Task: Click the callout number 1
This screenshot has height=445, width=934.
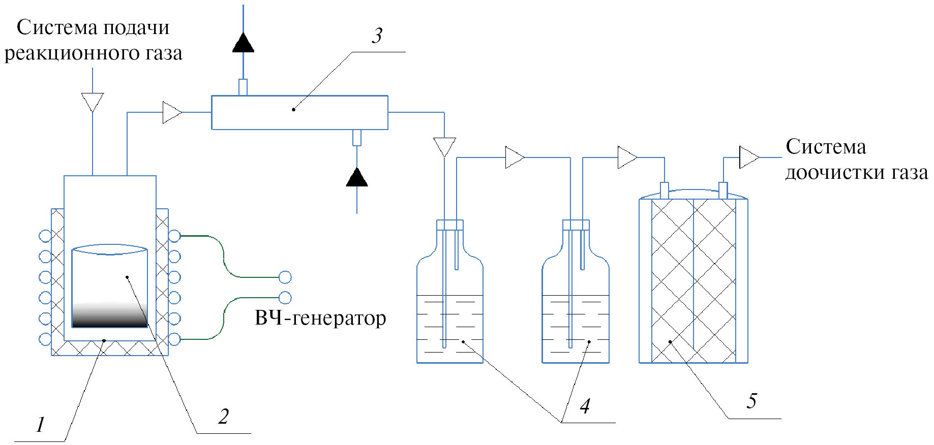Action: [x=40, y=424]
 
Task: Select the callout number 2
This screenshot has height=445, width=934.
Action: [x=223, y=417]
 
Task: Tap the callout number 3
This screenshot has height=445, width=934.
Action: [x=377, y=36]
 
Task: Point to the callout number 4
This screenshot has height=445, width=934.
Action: [x=585, y=406]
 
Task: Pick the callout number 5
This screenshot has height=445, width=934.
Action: [x=751, y=401]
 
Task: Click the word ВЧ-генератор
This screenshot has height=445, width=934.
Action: [x=320, y=319]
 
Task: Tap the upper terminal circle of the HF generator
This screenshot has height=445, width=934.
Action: [x=285, y=277]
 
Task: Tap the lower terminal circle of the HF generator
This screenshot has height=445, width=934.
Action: [x=285, y=298]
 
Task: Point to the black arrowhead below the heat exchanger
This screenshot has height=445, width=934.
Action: [x=357, y=177]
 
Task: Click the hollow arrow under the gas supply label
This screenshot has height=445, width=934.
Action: [x=93, y=102]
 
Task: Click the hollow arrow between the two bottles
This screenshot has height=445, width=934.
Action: [x=515, y=157]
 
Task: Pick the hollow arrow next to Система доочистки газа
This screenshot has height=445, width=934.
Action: [x=748, y=157]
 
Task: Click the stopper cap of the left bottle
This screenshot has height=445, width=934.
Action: [x=450, y=225]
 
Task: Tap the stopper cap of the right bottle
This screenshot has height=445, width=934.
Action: [x=576, y=225]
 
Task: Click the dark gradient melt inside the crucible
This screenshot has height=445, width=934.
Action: [x=110, y=315]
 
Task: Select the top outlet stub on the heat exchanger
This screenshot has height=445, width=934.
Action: [x=243, y=87]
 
